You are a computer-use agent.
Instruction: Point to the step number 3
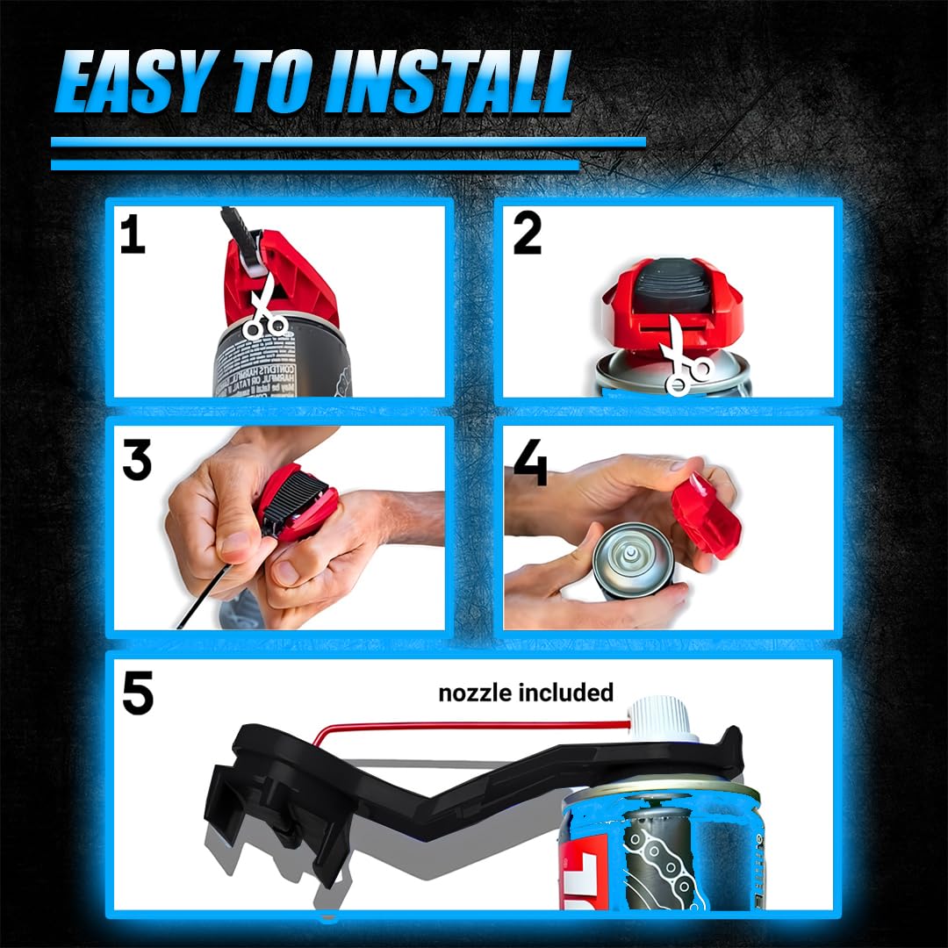point(136,460)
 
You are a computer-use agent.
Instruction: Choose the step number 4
point(530,465)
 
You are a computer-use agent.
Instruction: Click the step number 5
point(138,693)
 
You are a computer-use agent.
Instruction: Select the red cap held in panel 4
point(707,516)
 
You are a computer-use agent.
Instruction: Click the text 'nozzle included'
point(525,693)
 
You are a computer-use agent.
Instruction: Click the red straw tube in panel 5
point(474,726)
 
